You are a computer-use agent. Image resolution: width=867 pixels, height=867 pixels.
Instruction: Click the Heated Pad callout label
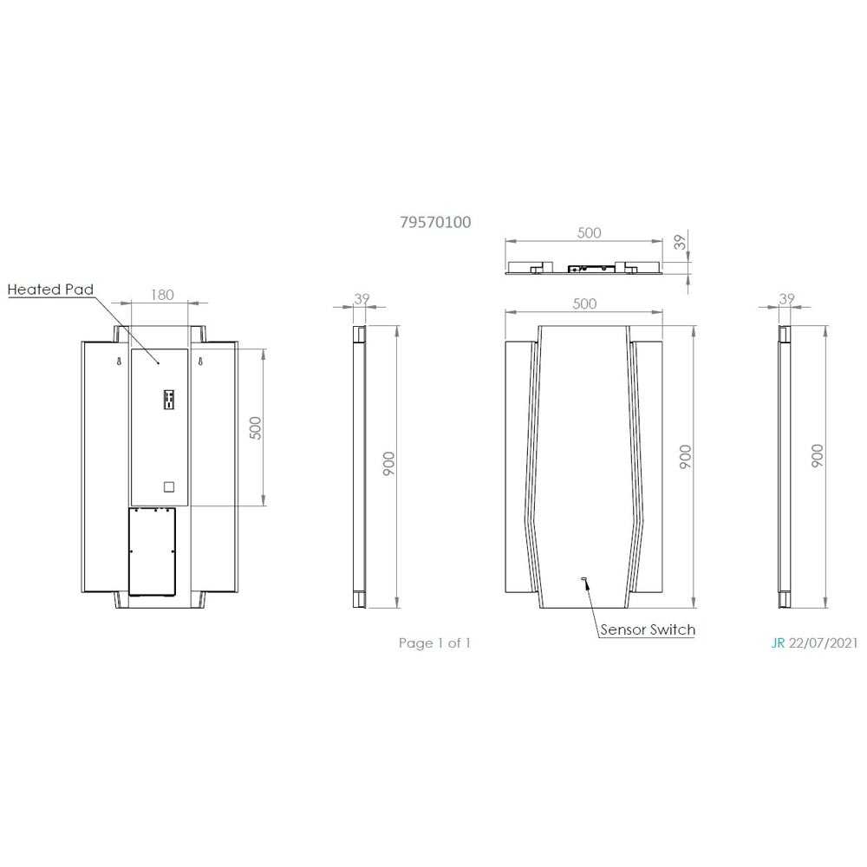(x=50, y=290)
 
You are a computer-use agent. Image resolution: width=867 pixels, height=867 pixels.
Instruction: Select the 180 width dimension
(x=162, y=295)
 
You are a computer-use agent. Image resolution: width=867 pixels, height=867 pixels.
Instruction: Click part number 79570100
(x=435, y=222)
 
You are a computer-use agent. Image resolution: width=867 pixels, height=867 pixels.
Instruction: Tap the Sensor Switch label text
(x=648, y=629)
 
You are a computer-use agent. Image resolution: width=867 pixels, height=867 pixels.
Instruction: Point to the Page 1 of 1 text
(x=434, y=643)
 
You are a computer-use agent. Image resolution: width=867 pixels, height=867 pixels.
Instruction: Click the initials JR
(x=778, y=643)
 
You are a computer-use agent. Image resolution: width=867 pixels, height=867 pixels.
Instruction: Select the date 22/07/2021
(x=824, y=643)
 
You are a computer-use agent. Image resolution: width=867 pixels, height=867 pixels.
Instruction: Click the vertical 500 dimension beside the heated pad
(x=255, y=427)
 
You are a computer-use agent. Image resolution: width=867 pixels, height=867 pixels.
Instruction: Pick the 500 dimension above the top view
(x=589, y=233)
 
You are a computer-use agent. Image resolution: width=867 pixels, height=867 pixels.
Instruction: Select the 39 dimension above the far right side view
(x=787, y=299)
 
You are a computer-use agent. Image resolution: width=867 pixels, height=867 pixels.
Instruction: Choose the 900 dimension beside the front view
(x=685, y=456)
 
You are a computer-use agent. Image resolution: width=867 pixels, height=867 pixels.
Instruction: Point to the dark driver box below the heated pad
(x=153, y=551)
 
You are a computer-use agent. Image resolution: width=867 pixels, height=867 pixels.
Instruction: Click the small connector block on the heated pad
(x=166, y=399)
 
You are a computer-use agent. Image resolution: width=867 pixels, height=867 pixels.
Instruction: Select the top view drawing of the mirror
(x=585, y=267)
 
